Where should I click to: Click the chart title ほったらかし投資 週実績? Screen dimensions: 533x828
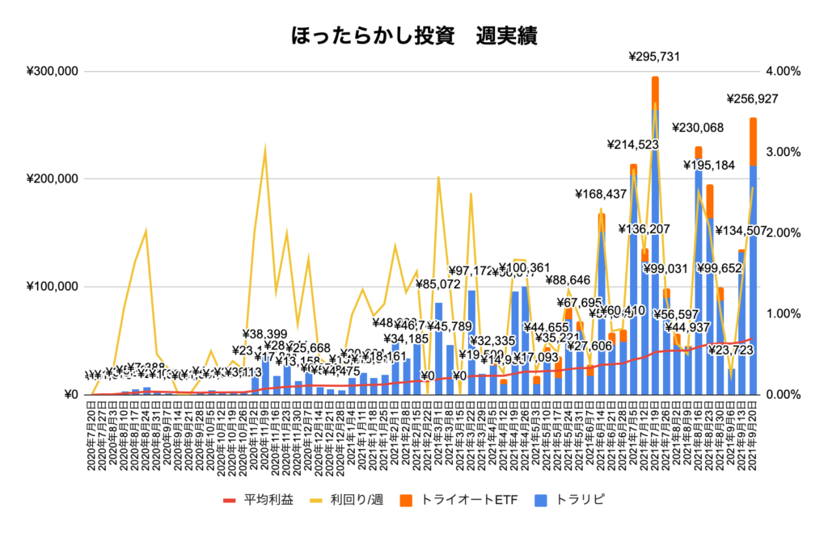[413, 36]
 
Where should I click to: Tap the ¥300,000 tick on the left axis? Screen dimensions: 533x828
[51, 71]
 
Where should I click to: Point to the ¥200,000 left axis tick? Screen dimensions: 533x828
[51, 178]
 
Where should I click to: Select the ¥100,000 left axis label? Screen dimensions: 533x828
[51, 287]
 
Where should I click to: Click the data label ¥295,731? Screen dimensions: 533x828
[655, 57]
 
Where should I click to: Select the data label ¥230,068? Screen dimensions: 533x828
[698, 128]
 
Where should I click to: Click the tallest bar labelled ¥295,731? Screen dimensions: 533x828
[655, 242]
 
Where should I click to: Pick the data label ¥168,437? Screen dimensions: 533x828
[602, 194]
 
